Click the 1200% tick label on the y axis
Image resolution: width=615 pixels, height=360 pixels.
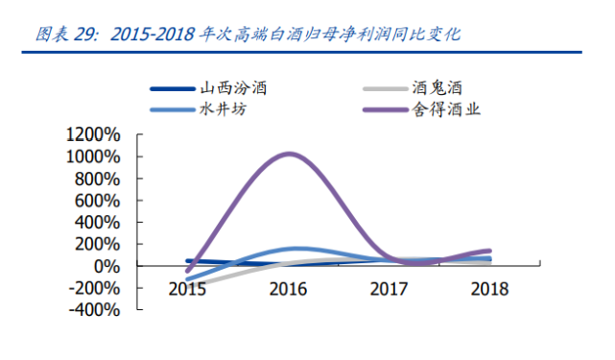[x=94, y=134]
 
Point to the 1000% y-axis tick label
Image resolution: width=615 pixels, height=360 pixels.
[x=94, y=156]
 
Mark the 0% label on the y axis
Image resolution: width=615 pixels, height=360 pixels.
[x=106, y=266]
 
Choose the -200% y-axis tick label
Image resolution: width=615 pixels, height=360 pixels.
[x=96, y=288]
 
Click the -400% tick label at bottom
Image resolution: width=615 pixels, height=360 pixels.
[x=96, y=310]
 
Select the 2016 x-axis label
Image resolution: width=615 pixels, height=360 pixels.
[x=291, y=288]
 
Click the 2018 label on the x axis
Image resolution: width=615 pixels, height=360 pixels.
[x=489, y=288]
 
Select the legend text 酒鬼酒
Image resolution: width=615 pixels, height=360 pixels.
[x=444, y=89]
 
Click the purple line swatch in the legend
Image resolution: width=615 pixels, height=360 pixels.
[x=385, y=109]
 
